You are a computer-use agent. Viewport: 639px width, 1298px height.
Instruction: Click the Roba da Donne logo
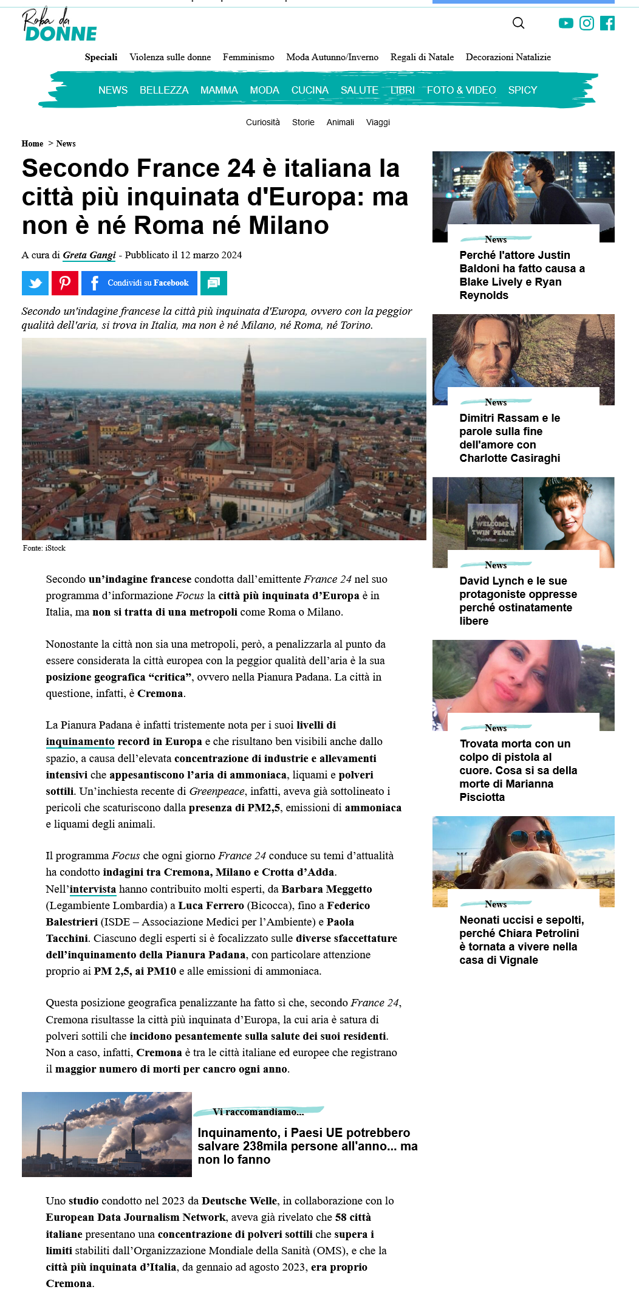[x=60, y=25]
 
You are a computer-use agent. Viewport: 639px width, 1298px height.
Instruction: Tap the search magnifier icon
[x=518, y=23]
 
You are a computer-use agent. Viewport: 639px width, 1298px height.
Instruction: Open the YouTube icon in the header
[x=566, y=23]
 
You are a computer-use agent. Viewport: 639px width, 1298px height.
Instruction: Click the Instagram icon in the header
[x=586, y=23]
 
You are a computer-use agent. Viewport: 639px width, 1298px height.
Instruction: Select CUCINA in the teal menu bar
[x=310, y=90]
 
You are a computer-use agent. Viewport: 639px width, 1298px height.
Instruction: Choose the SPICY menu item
[x=522, y=90]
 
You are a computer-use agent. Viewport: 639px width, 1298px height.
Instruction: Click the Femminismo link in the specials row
[x=248, y=57]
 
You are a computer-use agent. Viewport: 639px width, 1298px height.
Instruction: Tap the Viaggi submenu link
[x=378, y=122]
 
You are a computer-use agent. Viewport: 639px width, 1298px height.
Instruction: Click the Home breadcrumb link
[x=32, y=143]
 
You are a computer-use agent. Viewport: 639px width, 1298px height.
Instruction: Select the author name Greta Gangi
[x=89, y=255]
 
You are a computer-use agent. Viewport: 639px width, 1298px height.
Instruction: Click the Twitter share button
[x=35, y=283]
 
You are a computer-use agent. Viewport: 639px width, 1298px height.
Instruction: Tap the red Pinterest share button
[x=65, y=283]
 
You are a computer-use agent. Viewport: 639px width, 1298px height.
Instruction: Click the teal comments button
[x=214, y=283]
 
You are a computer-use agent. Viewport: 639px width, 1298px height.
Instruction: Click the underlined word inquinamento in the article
[x=80, y=741]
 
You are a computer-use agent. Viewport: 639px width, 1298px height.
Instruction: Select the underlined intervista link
[x=93, y=889]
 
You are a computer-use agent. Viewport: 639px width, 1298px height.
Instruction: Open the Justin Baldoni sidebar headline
[x=522, y=275]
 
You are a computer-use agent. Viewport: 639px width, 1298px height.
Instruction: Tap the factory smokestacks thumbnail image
[x=107, y=1134]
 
